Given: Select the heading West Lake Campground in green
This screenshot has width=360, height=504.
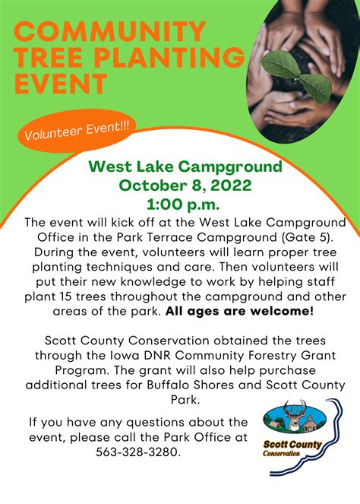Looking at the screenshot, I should (x=185, y=166).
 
